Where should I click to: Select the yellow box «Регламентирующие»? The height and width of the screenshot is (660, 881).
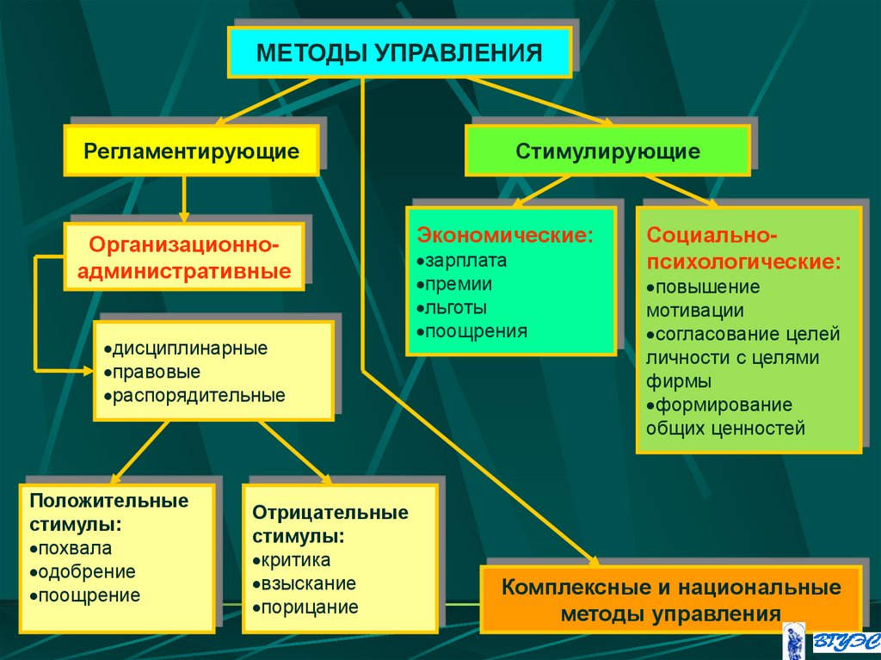[191, 151]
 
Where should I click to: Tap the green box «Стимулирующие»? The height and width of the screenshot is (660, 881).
[607, 151]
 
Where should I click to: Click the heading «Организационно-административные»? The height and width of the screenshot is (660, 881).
[186, 257]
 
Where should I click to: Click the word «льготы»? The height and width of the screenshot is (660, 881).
[455, 307]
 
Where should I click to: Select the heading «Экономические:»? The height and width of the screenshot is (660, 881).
[505, 235]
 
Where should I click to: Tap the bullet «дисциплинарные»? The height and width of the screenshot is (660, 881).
[185, 349]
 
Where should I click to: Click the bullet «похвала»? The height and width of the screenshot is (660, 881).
[73, 548]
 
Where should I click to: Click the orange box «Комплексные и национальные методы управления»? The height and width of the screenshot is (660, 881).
[670, 600]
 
